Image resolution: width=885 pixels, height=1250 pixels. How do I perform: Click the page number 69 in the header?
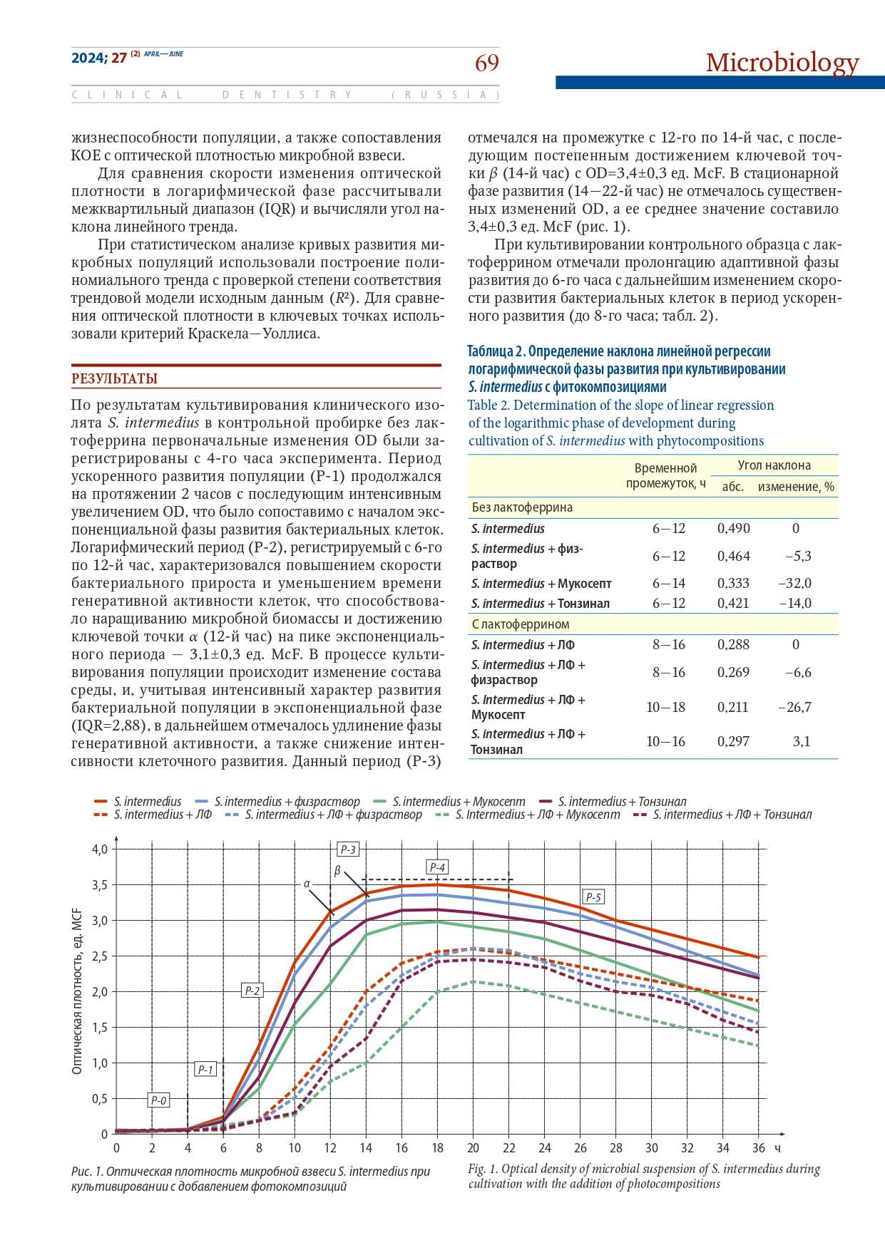(x=487, y=64)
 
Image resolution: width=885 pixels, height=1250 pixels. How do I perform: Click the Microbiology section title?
(x=782, y=63)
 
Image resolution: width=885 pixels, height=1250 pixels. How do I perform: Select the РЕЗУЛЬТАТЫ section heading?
(x=114, y=379)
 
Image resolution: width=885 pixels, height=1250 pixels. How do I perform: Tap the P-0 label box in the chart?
(x=158, y=1100)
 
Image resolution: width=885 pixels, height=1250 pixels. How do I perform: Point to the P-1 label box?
(x=205, y=1070)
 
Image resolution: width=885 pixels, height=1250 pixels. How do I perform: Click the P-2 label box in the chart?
(x=252, y=991)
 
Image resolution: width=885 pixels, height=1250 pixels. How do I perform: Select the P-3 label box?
(x=347, y=849)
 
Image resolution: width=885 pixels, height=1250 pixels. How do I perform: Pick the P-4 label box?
(x=437, y=867)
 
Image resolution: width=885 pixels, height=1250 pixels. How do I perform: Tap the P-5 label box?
(x=593, y=897)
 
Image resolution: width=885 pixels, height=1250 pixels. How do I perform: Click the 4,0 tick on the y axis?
(x=99, y=849)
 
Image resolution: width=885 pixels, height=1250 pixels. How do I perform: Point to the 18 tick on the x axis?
(x=437, y=1148)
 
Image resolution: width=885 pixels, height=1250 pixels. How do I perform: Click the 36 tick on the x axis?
(x=758, y=1148)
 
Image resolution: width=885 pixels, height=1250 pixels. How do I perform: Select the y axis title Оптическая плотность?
(x=78, y=991)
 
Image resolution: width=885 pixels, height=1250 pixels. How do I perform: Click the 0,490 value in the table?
(x=733, y=529)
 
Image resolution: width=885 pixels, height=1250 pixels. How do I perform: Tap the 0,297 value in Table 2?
(x=733, y=742)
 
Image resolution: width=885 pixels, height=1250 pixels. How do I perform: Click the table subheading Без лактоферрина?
(x=522, y=507)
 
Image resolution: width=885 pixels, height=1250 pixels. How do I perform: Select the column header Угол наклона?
(x=774, y=465)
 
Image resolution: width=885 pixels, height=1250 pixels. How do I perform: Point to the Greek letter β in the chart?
(x=337, y=871)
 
